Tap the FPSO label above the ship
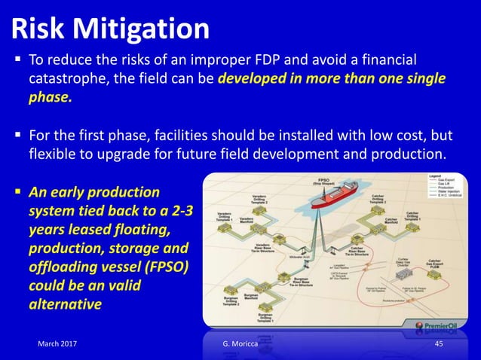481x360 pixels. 321,182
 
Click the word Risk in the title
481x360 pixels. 38,29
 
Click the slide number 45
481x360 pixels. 440,344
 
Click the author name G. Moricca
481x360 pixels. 234,344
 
